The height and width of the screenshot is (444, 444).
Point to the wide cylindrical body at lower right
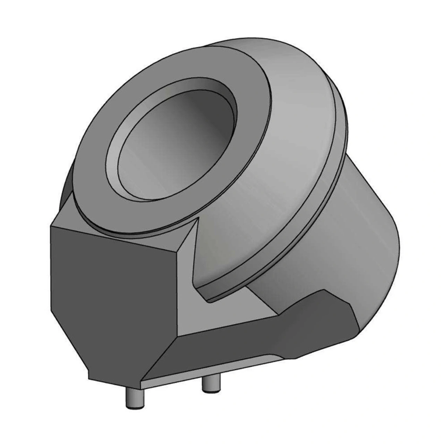pyautogui.click(x=347, y=250)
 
